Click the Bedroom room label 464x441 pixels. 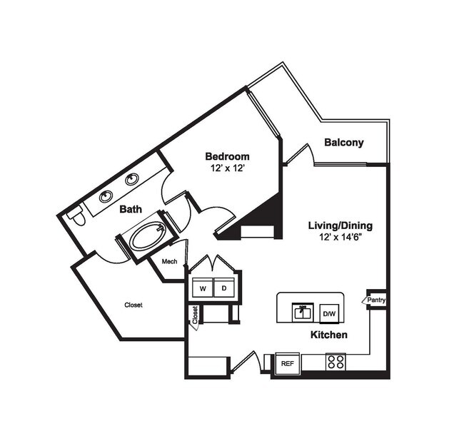[x=227, y=156]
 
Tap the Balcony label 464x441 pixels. [x=343, y=142]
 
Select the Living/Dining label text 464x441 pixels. [x=340, y=225]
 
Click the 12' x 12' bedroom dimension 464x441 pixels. [x=227, y=169]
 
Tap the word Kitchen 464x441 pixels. [x=328, y=334]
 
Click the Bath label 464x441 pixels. [x=130, y=209]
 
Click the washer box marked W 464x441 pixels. [x=202, y=289]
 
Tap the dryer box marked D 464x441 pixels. [x=224, y=289]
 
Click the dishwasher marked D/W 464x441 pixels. [x=329, y=313]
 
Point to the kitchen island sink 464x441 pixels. [x=303, y=312]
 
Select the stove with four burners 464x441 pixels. [x=336, y=362]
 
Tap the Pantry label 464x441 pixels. [x=377, y=300]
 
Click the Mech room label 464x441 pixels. [x=169, y=261]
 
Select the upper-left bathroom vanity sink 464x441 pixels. [x=106, y=196]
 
